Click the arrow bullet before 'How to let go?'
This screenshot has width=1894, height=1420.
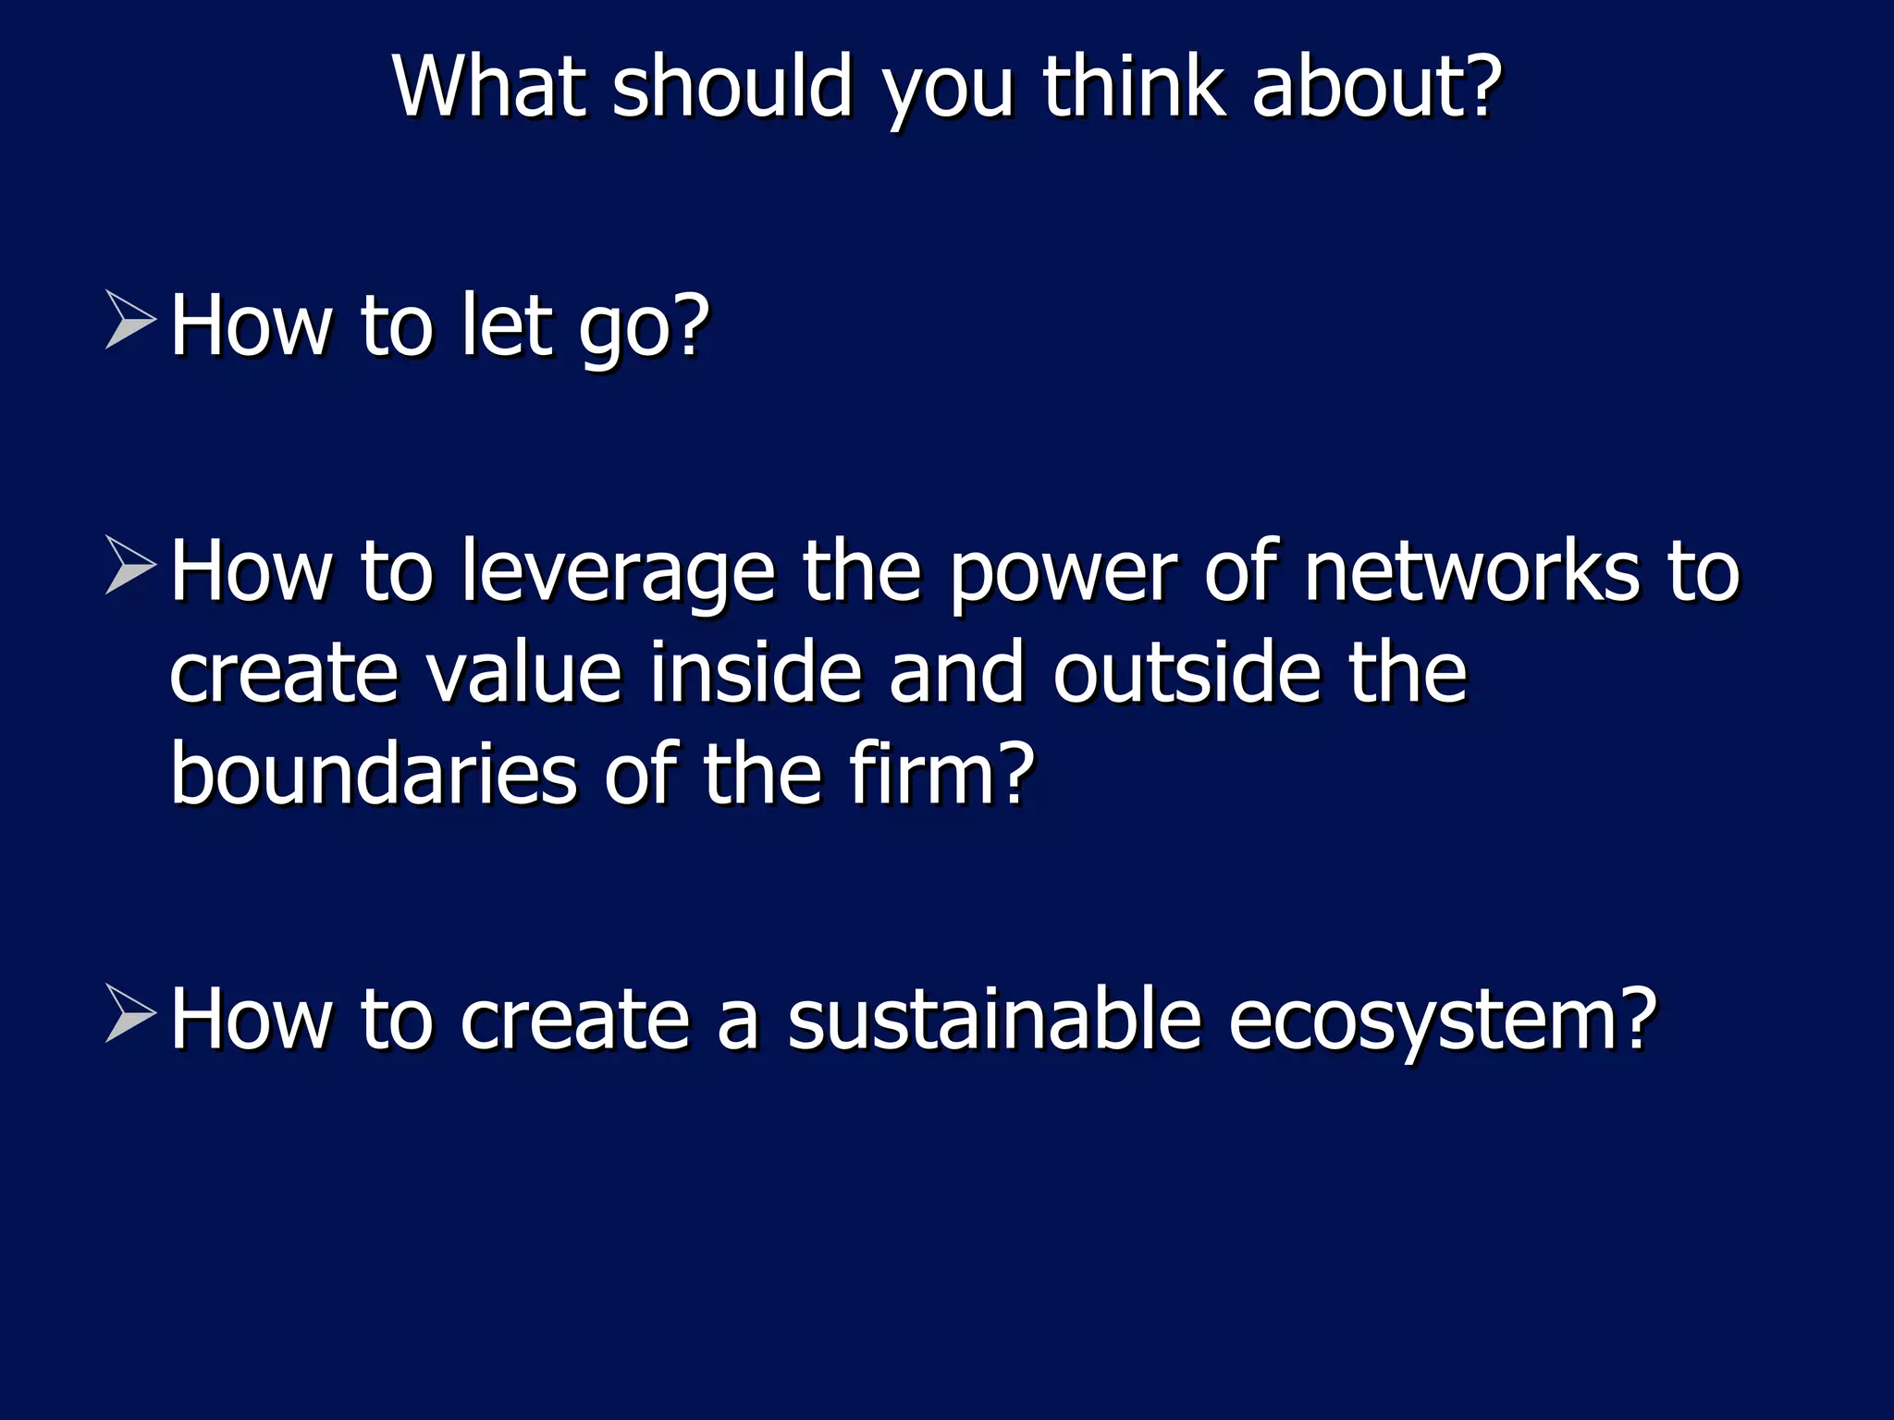click(x=129, y=320)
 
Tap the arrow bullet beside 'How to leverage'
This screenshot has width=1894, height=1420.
click(x=129, y=565)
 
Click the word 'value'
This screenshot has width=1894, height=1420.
click(x=523, y=672)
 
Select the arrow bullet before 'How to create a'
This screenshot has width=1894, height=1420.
click(x=129, y=1013)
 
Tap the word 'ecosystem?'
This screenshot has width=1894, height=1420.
click(x=1443, y=1021)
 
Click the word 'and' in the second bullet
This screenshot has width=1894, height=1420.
click(x=956, y=672)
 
